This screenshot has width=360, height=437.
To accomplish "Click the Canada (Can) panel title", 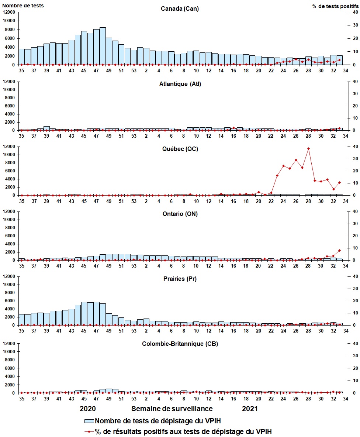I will point(180,9).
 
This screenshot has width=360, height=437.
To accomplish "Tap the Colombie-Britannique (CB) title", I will point(180,344).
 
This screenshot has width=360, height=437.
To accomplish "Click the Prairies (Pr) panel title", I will point(180,279).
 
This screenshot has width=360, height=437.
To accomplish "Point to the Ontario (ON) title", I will point(180,214).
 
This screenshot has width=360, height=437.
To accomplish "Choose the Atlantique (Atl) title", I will point(180,84).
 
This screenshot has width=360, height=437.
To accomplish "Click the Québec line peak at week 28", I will point(308,148).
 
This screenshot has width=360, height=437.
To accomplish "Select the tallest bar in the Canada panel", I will point(103,46).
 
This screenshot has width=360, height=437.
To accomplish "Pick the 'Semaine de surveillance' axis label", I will point(172,409).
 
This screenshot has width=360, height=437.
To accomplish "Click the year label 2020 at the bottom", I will point(88,409).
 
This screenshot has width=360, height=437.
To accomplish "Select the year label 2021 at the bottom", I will point(250,409).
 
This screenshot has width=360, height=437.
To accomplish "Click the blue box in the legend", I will point(89,421).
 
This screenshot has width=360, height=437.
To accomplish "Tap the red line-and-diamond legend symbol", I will point(89,431).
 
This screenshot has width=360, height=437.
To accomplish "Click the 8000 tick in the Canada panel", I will point(10,30).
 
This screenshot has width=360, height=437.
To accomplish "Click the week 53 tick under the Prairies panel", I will point(134,331).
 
